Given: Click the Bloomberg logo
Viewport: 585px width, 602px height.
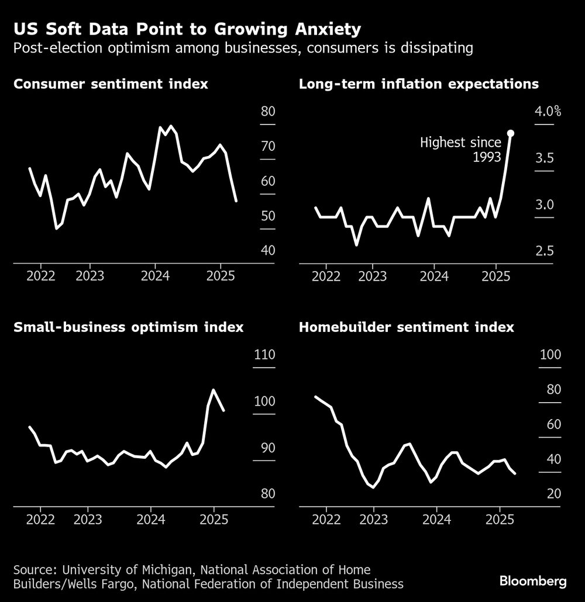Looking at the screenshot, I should (533, 582).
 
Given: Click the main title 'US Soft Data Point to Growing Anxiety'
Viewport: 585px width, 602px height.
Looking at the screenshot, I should (187, 29).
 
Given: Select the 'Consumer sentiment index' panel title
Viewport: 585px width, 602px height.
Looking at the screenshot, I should (111, 84).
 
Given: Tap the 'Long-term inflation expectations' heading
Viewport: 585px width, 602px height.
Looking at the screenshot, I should (419, 84).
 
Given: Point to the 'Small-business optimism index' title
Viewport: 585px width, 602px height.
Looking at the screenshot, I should (128, 327).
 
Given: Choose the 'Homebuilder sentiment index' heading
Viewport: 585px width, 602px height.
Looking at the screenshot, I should (407, 327).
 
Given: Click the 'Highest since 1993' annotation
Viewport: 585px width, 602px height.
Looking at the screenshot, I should (461, 149).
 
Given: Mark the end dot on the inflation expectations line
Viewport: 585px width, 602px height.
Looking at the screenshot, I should (510, 133).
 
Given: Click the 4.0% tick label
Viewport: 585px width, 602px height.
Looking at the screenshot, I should (548, 112).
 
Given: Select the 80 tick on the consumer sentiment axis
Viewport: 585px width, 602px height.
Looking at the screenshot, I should (267, 112).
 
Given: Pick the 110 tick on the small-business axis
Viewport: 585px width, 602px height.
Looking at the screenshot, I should (264, 355).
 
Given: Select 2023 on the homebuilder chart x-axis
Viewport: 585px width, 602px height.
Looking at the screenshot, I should (373, 519).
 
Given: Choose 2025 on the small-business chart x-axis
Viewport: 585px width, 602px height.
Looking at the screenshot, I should (213, 519).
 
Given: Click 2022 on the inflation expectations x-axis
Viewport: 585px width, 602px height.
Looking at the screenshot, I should (325, 275).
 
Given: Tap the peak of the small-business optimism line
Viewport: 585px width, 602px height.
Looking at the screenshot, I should (213, 390).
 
